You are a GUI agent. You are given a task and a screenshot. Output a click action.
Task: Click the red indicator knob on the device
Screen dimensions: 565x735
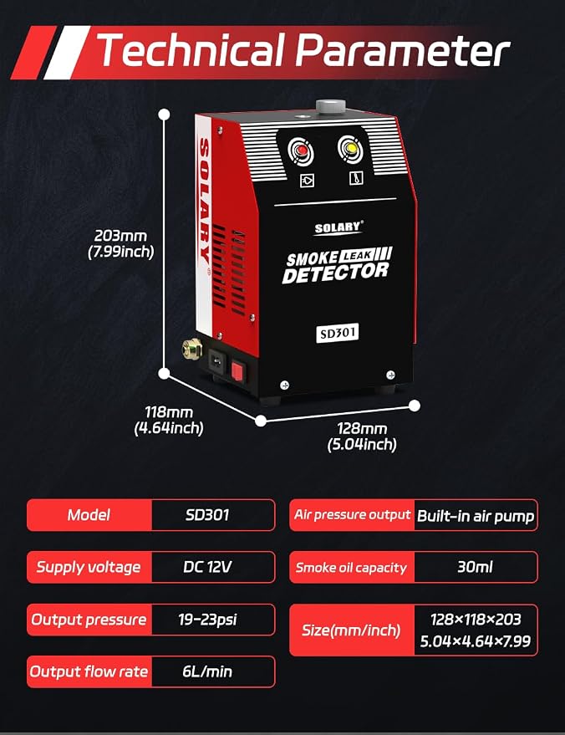[301, 151]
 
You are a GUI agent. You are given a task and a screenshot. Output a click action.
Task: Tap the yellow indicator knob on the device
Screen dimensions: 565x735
[351, 148]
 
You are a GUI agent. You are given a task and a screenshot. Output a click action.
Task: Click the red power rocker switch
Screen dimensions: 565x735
[237, 372]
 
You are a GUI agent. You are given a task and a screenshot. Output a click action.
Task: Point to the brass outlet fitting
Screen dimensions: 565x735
[192, 349]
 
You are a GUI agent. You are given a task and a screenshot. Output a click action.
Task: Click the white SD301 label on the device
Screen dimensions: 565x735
[338, 334]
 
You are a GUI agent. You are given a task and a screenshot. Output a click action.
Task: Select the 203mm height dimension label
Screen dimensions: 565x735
[121, 243]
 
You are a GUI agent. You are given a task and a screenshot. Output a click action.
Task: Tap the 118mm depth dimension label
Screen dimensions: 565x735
[169, 420]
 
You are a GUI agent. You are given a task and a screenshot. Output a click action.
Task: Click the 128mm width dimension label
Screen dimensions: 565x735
[362, 436]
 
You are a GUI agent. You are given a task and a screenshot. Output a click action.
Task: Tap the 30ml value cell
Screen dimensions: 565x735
[476, 567]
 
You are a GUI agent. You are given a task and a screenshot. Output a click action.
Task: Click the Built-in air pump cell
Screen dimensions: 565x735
[476, 515]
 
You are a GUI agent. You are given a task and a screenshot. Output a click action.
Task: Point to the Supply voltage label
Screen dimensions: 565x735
[89, 567]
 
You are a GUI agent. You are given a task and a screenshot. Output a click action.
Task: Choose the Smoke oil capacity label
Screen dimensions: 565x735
[351, 568]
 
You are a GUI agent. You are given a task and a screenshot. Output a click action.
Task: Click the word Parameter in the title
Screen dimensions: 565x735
[403, 49]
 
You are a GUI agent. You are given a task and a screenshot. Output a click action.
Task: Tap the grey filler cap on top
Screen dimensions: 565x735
[331, 106]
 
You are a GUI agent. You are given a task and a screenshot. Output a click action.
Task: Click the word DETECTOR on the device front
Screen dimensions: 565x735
[335, 273]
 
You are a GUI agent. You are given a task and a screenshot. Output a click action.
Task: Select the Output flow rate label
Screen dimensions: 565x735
[89, 671]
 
